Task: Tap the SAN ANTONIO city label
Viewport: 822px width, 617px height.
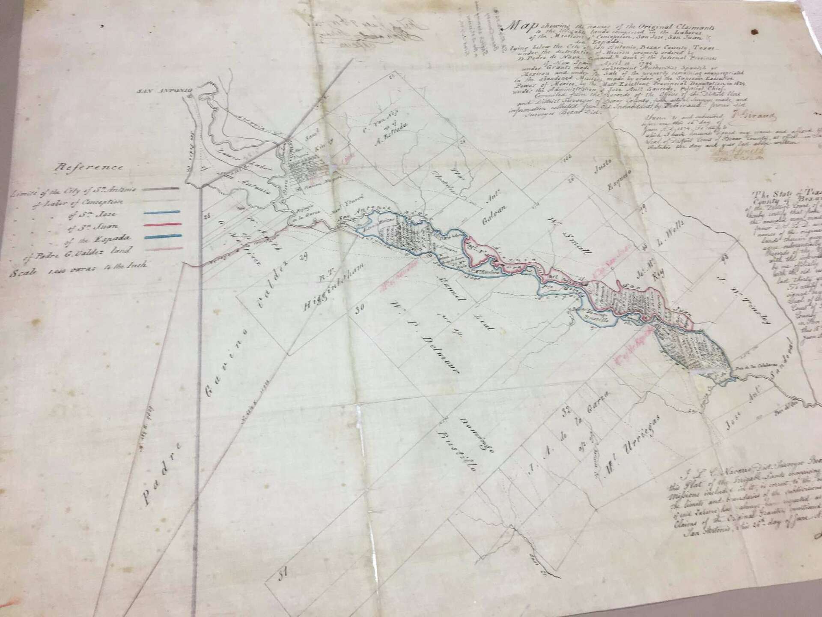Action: pyautogui.click(x=164, y=90)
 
